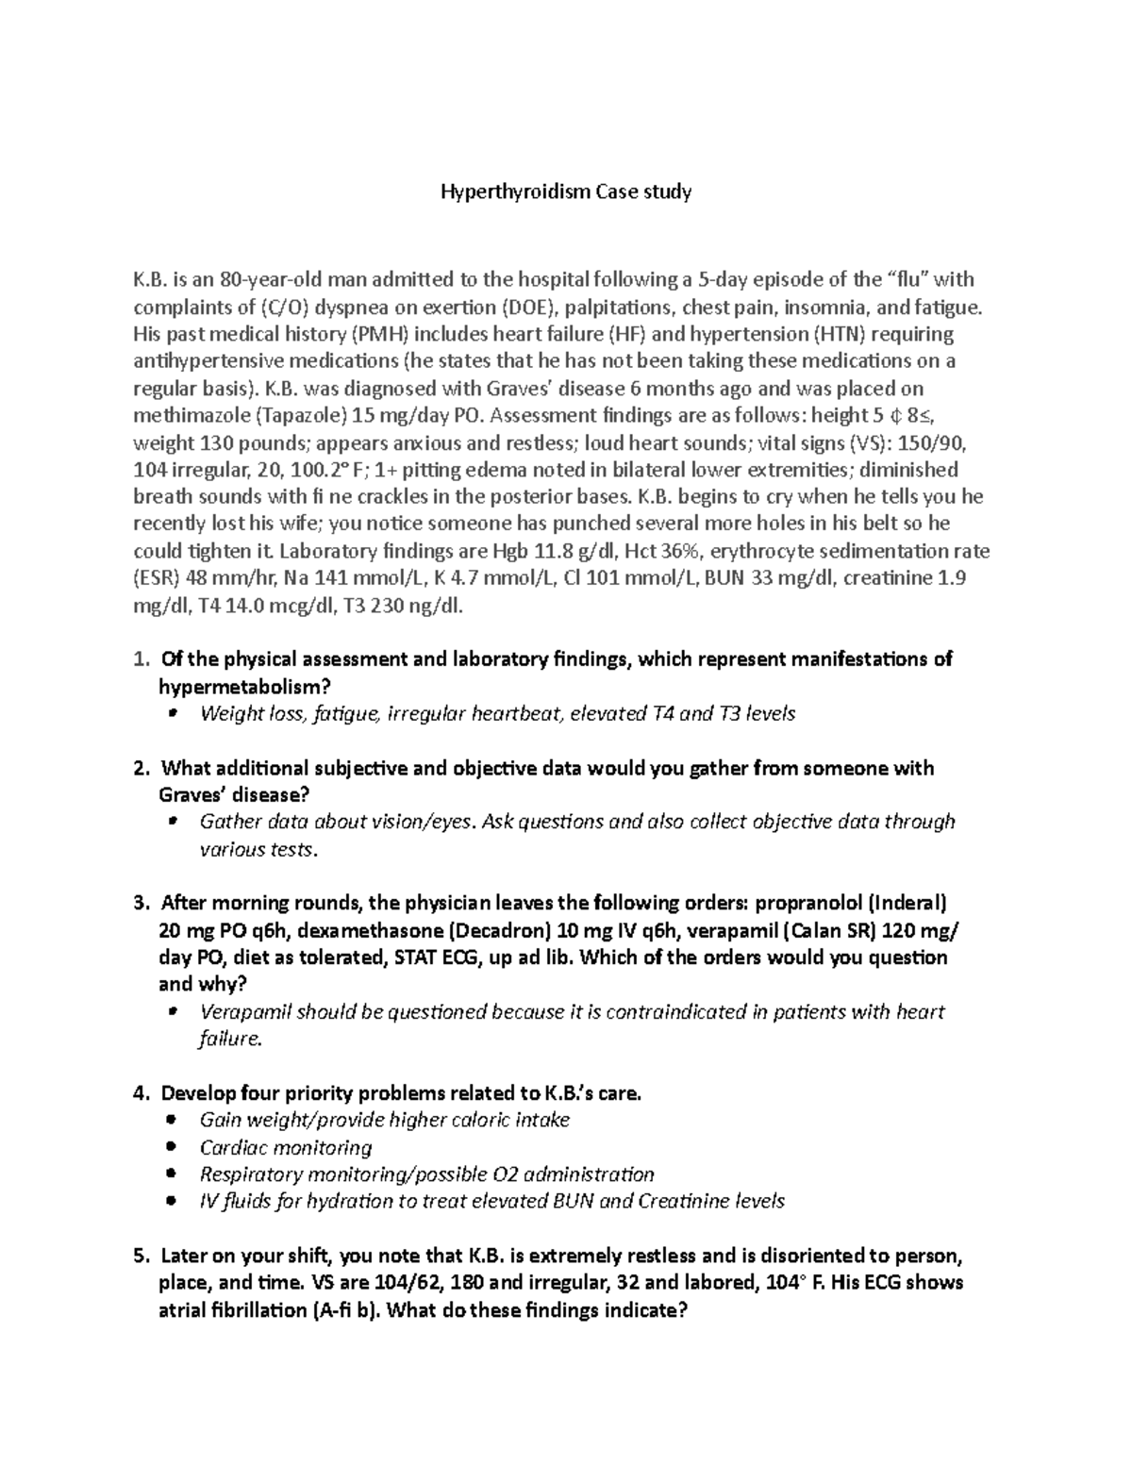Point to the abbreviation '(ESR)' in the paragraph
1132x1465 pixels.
click(x=157, y=578)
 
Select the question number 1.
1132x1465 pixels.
click(x=140, y=659)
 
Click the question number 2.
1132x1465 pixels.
click(x=140, y=769)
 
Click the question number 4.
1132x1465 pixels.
click(x=140, y=1094)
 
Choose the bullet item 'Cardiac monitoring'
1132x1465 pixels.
click(x=286, y=1148)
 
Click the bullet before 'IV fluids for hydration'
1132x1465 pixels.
click(x=171, y=1202)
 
